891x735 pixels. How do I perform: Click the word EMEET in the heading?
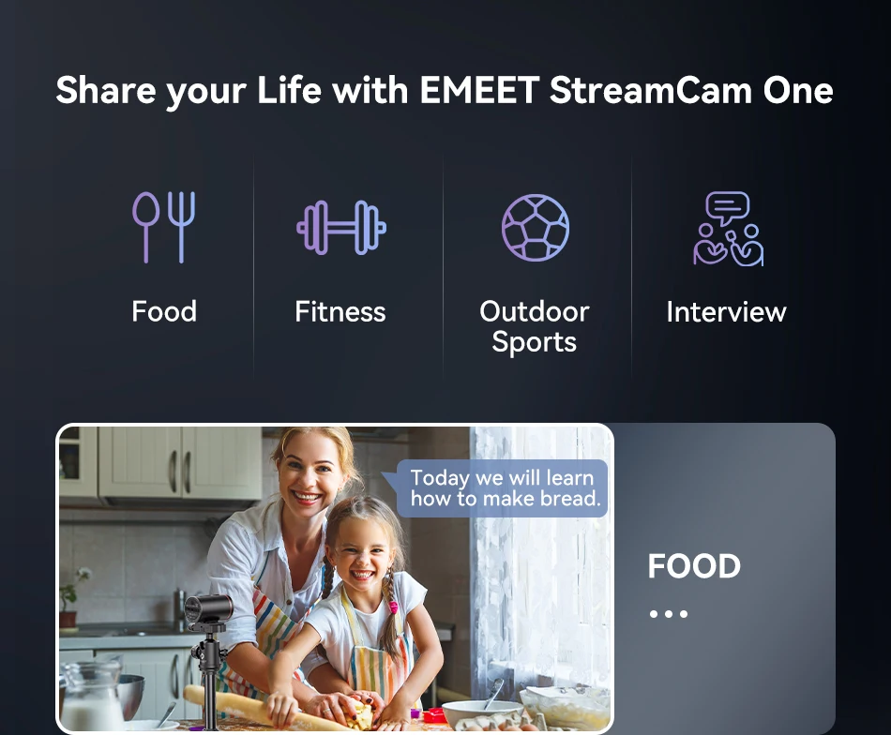coord(479,90)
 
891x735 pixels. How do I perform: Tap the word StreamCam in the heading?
coord(651,90)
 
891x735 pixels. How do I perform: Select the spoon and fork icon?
coord(163,227)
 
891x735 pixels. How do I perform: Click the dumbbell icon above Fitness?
coord(341,227)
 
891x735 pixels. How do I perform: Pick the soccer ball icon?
coord(536,228)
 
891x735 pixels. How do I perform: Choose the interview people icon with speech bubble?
coord(728,229)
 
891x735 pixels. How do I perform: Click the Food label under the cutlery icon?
coord(164,311)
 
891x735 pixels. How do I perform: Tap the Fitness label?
coord(340,312)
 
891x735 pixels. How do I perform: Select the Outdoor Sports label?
coord(535,326)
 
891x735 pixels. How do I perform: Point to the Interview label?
coord(726,312)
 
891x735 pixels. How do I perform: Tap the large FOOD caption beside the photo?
coord(694,566)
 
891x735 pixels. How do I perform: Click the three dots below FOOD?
coord(669,614)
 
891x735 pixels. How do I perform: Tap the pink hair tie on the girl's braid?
coord(393,608)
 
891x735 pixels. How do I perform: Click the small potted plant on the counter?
coord(69,597)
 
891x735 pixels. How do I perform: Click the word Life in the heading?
coord(289,90)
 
